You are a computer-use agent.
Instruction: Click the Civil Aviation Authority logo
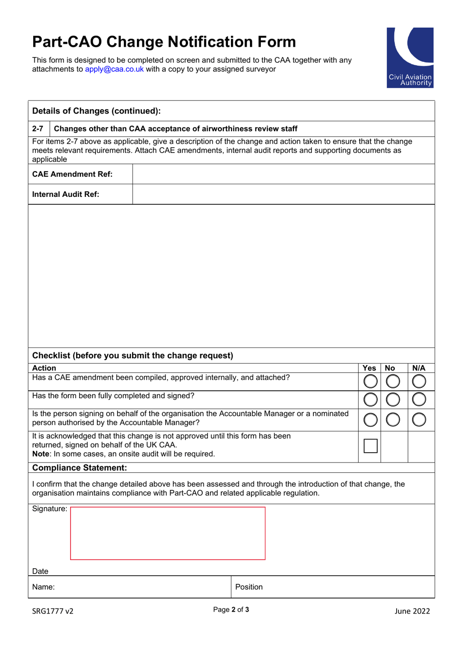click(x=409, y=58)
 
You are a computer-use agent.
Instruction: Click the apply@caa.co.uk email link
click(x=114, y=69)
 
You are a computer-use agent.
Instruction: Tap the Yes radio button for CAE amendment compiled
click(x=370, y=381)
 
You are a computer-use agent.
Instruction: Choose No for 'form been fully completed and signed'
click(x=393, y=400)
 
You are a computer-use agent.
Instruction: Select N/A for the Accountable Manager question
click(x=419, y=420)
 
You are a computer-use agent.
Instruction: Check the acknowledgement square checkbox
click(x=370, y=445)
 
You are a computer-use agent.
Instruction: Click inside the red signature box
click(x=168, y=533)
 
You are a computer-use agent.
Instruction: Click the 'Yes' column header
click(x=369, y=368)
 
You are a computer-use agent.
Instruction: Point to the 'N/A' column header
click(x=419, y=368)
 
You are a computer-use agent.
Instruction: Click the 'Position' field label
click(x=249, y=587)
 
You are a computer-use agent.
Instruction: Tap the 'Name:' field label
click(x=43, y=587)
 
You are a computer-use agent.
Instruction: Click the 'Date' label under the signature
click(x=40, y=571)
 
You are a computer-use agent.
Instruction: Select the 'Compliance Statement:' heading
click(x=79, y=468)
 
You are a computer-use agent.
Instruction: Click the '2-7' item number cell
click(x=38, y=129)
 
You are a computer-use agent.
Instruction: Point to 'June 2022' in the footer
click(x=412, y=611)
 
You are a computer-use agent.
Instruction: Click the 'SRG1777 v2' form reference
click(x=53, y=611)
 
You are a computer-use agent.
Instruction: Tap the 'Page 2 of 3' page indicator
click(x=231, y=610)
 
